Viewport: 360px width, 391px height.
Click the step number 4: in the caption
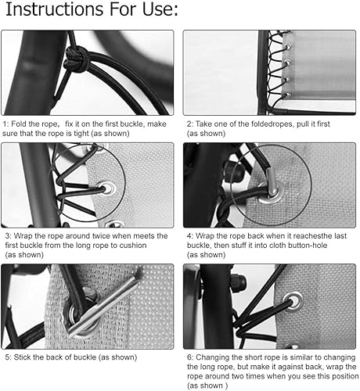pos(190,235)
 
